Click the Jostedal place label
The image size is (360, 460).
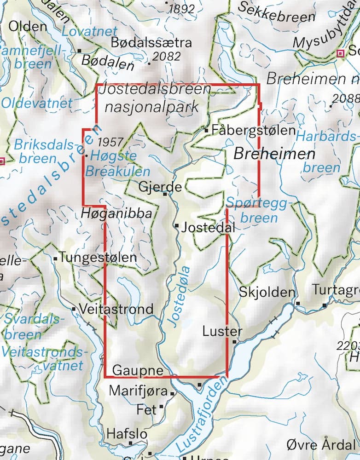(x=209, y=227)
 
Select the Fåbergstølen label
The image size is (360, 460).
(x=254, y=131)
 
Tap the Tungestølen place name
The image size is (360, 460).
(x=98, y=258)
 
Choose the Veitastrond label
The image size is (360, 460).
(x=116, y=309)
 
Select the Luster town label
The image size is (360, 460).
(x=221, y=331)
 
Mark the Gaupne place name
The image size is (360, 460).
(x=138, y=371)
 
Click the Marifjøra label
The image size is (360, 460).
(x=138, y=391)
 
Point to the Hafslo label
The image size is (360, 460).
(x=127, y=434)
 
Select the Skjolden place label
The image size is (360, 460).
(x=267, y=292)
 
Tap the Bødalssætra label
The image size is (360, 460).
(x=151, y=42)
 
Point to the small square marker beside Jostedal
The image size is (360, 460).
(x=177, y=226)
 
